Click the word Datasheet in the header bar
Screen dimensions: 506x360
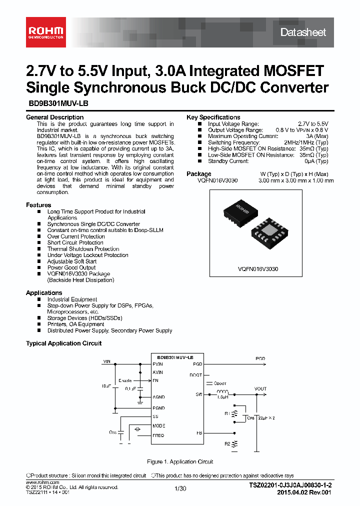(x=303, y=32)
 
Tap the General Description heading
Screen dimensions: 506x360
(x=54, y=117)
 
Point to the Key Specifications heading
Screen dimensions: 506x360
(x=213, y=117)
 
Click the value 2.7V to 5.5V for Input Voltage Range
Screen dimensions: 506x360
(x=313, y=123)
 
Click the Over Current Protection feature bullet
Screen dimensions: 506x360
(x=76, y=236)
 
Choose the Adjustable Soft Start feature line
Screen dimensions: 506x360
(x=72, y=261)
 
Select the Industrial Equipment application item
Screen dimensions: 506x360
(x=72, y=299)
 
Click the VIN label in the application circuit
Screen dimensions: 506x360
(x=107, y=360)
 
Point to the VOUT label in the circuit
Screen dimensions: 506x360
(x=260, y=388)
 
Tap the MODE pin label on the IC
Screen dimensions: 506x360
(x=158, y=426)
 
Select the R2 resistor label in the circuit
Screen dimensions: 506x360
(x=227, y=443)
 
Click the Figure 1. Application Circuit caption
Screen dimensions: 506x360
(x=180, y=461)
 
